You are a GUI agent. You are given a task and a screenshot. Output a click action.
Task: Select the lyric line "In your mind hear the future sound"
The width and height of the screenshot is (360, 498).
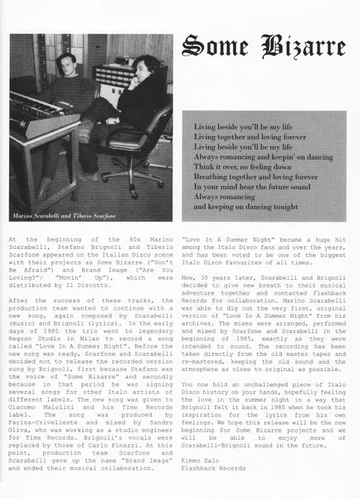(248, 186)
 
